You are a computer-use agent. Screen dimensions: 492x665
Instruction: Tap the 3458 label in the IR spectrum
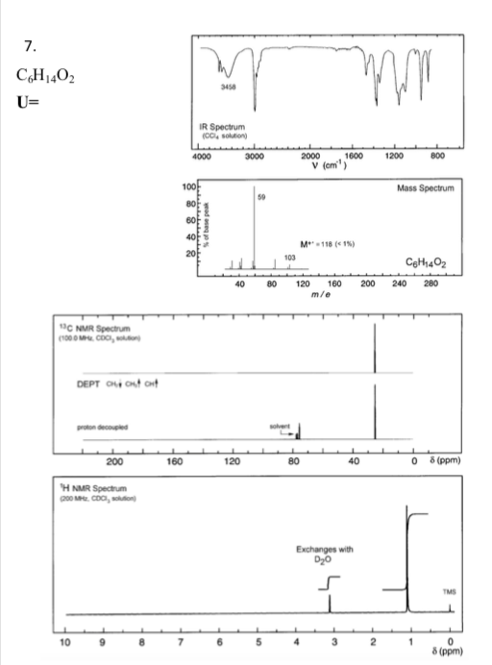229,87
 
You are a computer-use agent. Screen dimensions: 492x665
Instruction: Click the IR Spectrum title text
228,129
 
